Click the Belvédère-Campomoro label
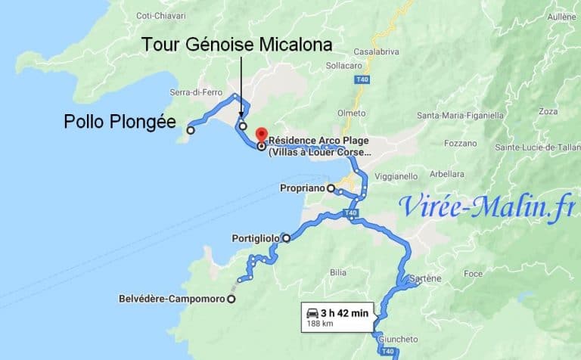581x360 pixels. click(172, 299)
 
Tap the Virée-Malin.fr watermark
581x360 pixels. click(485, 204)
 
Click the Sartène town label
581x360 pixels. click(425, 278)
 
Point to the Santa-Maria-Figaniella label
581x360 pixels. click(460, 116)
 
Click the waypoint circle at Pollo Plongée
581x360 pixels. click(191, 130)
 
